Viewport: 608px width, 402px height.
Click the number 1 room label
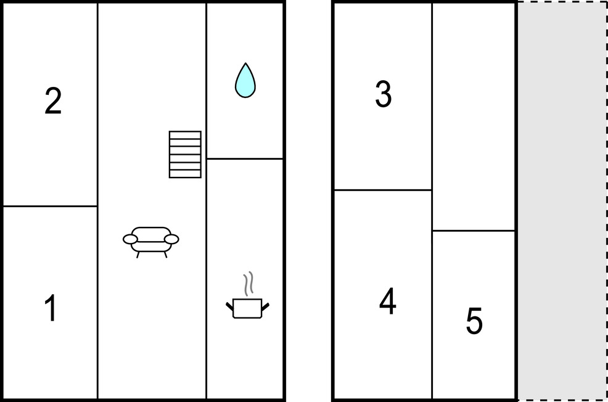coord(51,308)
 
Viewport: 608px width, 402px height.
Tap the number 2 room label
coord(53,100)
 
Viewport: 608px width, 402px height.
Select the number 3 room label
coord(383,94)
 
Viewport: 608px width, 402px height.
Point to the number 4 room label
coord(388,301)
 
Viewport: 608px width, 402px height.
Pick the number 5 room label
coord(474,321)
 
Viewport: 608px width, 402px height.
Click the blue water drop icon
coord(245,80)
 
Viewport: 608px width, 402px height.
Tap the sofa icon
coord(151,242)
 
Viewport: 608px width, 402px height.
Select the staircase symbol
coord(185,154)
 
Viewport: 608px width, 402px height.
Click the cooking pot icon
coord(247,308)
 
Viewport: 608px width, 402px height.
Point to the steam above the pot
coord(249,284)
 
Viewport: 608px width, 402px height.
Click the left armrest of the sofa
coord(130,239)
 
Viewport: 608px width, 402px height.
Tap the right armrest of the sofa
coord(171,239)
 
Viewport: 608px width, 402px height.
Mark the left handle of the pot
coord(229,306)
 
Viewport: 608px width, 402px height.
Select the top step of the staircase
coord(185,135)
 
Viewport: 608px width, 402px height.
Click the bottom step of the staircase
coord(185,174)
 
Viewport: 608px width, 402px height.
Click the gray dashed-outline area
coord(562,201)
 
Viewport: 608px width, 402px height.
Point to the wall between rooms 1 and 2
coord(50,206)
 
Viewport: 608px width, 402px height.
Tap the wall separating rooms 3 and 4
coord(383,190)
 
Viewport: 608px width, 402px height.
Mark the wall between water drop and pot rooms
coord(245,158)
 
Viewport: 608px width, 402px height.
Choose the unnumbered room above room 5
coord(474,117)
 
